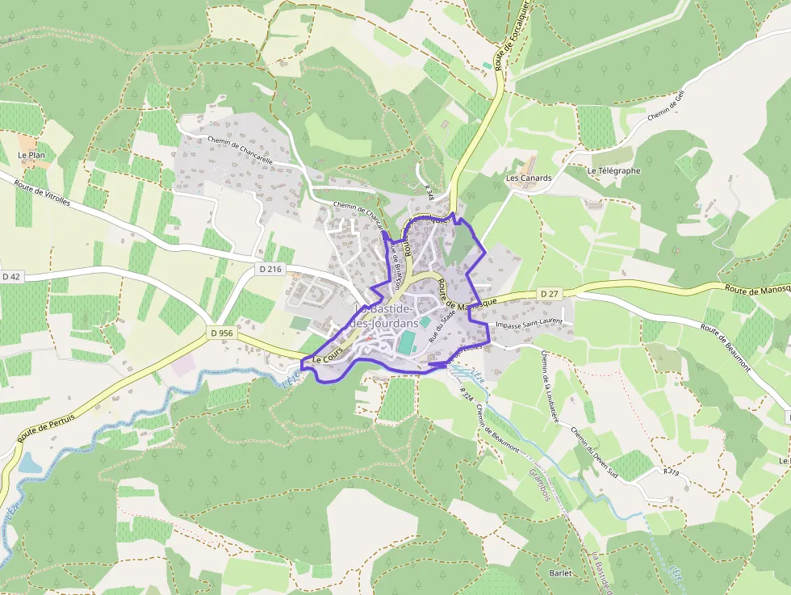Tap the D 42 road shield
[10, 277]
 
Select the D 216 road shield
[270, 268]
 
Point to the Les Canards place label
[529, 178]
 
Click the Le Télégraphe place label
[613, 171]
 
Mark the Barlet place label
[560, 573]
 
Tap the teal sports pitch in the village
[406, 342]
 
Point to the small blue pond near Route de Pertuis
[28, 463]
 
